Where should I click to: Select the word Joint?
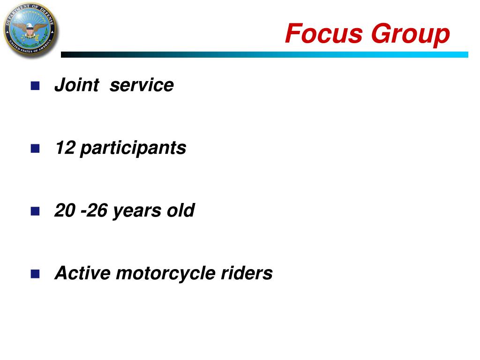[77, 85]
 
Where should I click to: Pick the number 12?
[65, 148]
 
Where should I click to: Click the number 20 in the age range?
[65, 210]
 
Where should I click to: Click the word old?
[180, 210]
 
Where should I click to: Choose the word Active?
[82, 273]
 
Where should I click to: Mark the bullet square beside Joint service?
[35, 86]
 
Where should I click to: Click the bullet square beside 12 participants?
[35, 149]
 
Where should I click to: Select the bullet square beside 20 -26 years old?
[35, 211]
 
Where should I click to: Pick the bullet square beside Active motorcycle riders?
[35, 274]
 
